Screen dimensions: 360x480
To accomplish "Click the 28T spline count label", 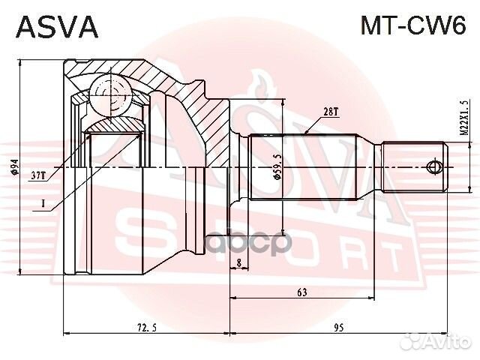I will (x=330, y=112).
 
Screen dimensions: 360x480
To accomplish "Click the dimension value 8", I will (x=238, y=262).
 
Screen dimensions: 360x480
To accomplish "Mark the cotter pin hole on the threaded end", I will (x=433, y=167).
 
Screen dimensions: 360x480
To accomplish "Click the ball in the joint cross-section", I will (x=111, y=95).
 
